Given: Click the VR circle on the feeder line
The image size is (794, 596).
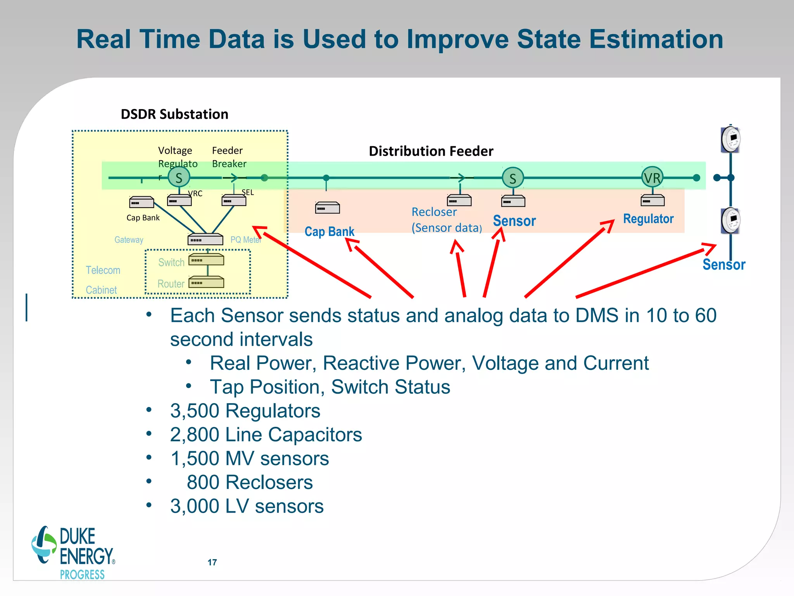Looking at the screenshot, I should (652, 178).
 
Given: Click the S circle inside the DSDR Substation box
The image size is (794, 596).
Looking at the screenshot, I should (179, 178).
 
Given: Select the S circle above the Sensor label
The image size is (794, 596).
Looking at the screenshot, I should (513, 178).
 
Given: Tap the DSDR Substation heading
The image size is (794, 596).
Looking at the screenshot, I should (174, 114).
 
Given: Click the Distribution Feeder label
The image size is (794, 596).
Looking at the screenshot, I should (431, 151).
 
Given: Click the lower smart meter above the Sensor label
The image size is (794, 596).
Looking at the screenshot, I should (731, 220).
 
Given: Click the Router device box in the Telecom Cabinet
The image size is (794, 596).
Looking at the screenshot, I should (206, 282).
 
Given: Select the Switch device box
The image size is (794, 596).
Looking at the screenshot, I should (206, 260).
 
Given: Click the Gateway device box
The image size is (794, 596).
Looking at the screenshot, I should (205, 239).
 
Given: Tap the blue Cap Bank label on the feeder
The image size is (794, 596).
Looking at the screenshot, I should (329, 232).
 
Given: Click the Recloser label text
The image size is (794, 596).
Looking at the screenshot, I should (434, 212).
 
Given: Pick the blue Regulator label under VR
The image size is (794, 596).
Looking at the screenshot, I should (648, 219).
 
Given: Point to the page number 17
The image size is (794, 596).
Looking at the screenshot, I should (212, 562).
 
